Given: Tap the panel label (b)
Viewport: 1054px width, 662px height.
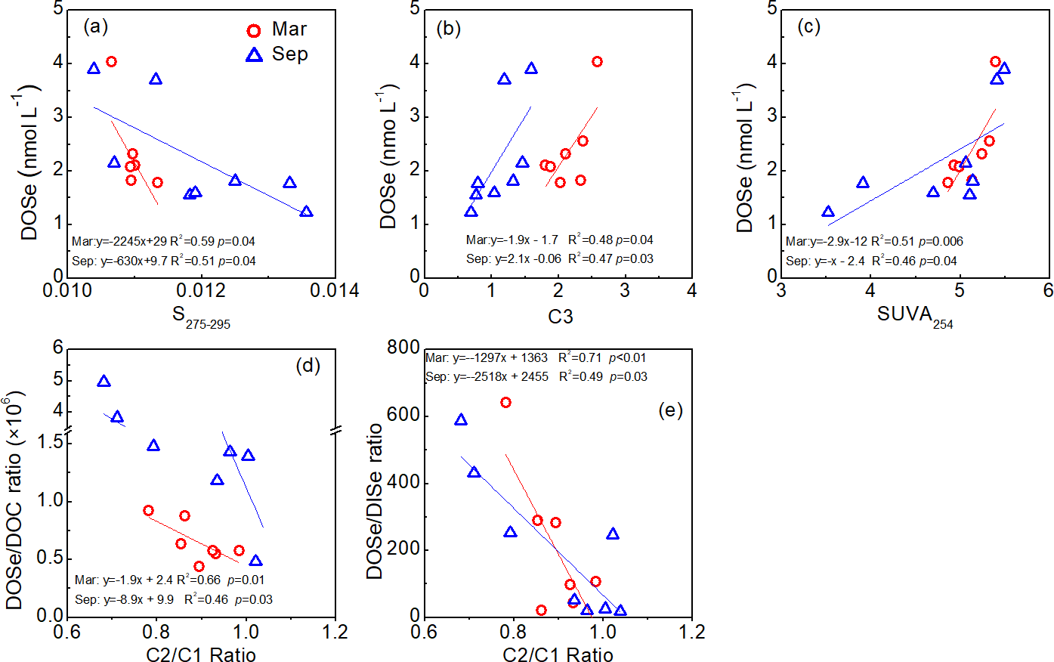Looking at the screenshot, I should click(449, 28).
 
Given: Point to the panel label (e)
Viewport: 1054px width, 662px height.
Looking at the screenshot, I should click(670, 410).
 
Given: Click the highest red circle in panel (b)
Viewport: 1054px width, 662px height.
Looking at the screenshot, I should click(597, 62).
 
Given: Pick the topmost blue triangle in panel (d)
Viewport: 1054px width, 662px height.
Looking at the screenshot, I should click(104, 382).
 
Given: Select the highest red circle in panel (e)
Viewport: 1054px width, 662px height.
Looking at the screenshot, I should click(505, 403).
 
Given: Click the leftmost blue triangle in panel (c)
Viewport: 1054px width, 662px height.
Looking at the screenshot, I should click(828, 212).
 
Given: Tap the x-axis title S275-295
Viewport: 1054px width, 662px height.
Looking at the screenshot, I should click(201, 317).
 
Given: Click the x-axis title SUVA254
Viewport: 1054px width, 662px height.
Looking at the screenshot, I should click(914, 316).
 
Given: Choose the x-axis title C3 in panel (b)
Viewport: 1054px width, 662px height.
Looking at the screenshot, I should click(560, 316).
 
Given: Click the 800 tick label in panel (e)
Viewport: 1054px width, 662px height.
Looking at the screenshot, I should click(403, 348).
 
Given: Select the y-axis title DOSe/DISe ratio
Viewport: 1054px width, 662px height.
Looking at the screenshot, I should click(375, 502).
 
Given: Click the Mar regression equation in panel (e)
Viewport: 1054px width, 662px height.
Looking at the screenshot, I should click(536, 358).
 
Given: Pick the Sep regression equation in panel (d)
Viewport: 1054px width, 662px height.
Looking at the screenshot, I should click(174, 599).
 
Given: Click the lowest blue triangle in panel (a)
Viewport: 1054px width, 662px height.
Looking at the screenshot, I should click(306, 212).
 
